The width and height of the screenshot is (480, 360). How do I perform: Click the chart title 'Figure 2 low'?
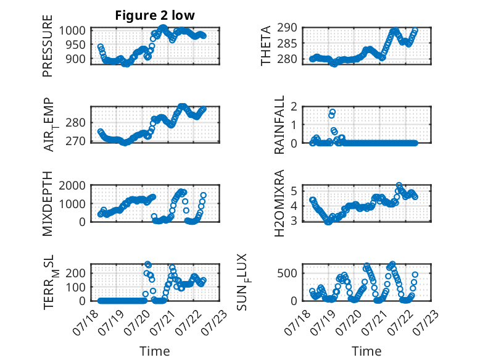coord(155,15)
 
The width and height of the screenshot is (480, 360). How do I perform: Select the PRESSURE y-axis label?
coord(48,46)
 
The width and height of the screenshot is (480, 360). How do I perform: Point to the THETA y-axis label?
coord(266,46)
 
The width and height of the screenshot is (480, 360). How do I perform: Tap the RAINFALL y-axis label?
coord(279,125)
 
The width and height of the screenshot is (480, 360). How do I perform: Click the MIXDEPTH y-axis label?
coord(48,204)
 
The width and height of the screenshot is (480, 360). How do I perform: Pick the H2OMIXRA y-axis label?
coord(279,203)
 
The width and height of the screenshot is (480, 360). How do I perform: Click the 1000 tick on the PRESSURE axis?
coord(72,31)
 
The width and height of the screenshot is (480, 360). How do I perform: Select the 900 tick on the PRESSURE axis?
coord(76,59)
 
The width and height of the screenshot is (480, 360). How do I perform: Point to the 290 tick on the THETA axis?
coord(287,28)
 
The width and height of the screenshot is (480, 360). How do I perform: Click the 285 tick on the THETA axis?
coord(287,43)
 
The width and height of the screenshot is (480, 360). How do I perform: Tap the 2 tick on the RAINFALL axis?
coord(294,107)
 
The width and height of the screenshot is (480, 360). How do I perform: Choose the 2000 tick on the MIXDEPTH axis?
coord(72,185)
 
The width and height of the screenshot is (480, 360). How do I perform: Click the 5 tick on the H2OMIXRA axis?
coord(294,191)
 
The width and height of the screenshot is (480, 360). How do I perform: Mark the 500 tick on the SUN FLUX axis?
coord(287,274)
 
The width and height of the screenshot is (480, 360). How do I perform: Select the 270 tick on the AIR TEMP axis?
coord(76,141)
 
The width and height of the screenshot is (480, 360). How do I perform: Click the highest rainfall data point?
coord(333,112)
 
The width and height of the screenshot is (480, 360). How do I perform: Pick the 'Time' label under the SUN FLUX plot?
coord(366,351)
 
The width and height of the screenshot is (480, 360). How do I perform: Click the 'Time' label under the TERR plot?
coord(155,351)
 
